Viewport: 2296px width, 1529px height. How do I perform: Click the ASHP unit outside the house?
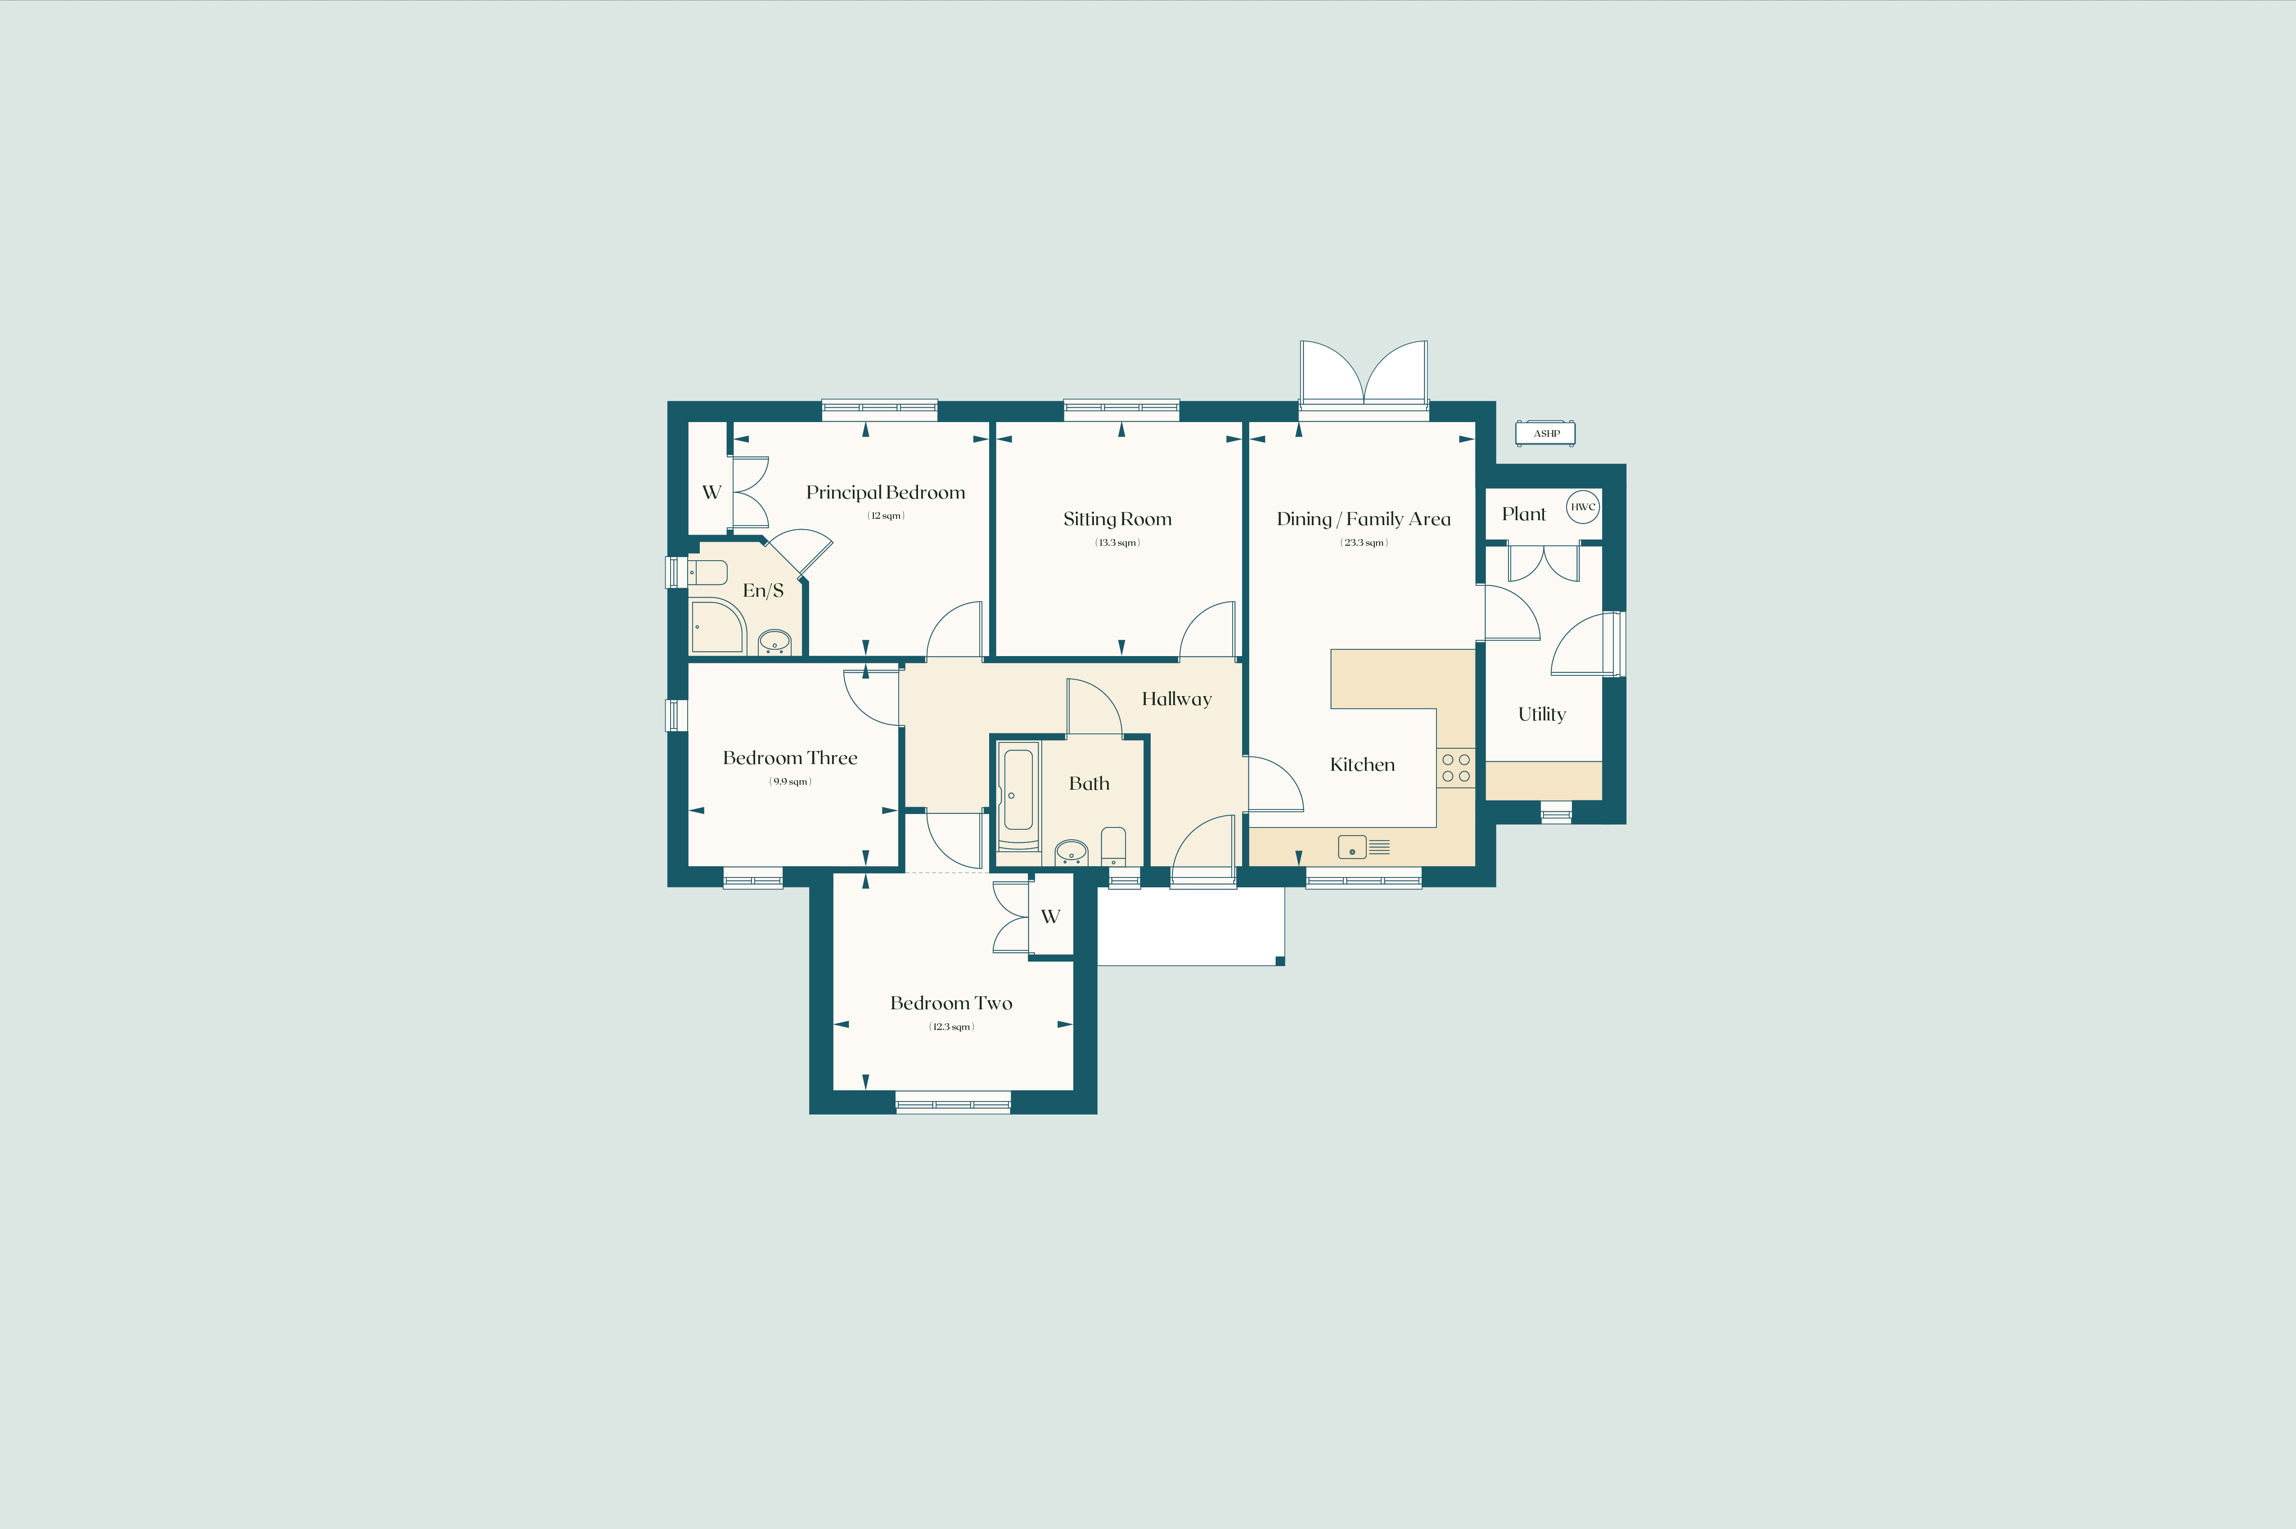pyautogui.click(x=1545, y=433)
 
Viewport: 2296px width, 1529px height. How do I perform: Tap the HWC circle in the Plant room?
pyautogui.click(x=1582, y=507)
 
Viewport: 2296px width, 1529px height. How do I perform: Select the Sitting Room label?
pyautogui.click(x=1117, y=519)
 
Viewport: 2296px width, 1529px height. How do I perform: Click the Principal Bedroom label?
pyautogui.click(x=885, y=492)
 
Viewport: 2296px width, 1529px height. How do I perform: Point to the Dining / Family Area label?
pyautogui.click(x=1363, y=519)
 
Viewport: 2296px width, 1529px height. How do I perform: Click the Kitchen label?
pyautogui.click(x=1362, y=764)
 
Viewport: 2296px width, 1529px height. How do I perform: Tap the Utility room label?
pyautogui.click(x=1541, y=714)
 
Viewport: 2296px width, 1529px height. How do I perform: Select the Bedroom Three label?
pyautogui.click(x=790, y=758)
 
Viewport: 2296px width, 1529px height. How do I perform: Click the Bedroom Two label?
pyautogui.click(x=950, y=1003)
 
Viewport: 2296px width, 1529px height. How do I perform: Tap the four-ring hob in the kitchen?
pyautogui.click(x=1456, y=768)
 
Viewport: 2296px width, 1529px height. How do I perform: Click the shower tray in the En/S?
pyautogui.click(x=716, y=626)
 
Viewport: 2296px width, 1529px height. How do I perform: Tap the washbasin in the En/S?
pyautogui.click(x=774, y=642)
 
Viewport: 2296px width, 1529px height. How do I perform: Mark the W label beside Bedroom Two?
pyautogui.click(x=1050, y=917)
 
